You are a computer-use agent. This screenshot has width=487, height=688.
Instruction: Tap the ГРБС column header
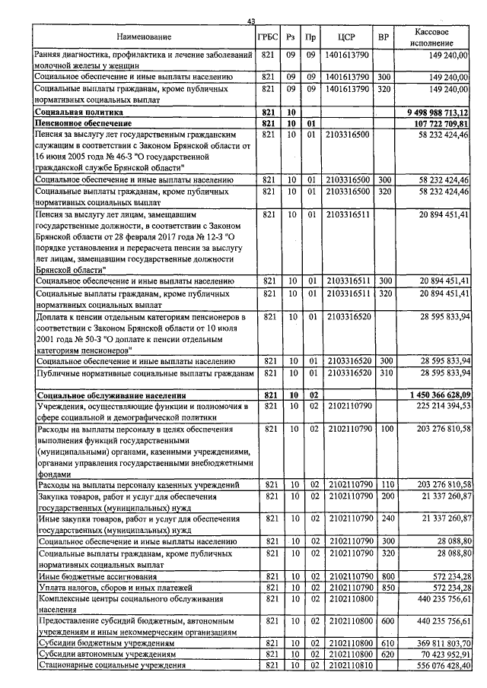(x=267, y=37)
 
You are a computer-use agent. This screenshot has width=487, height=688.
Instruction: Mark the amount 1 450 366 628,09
(x=434, y=395)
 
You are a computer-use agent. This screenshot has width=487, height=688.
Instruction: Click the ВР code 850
(x=385, y=588)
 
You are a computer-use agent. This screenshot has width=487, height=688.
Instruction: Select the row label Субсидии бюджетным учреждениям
(x=106, y=643)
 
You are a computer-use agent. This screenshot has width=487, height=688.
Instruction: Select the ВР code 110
(x=385, y=484)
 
